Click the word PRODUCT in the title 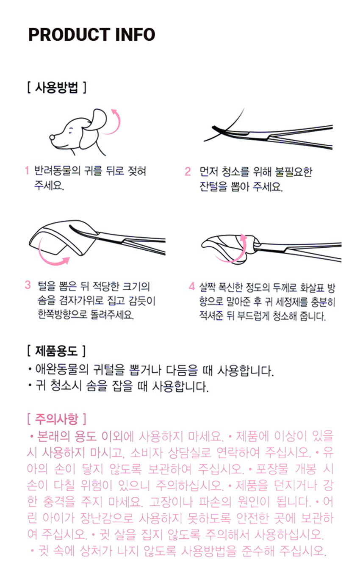pyautogui.click(x=69, y=35)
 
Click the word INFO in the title pyautogui.click(x=135, y=35)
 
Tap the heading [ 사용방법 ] pyautogui.click(x=57, y=87)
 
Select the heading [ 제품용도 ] pyautogui.click(x=56, y=351)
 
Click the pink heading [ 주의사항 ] pyautogui.click(x=57, y=419)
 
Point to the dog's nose pyautogui.click(x=53, y=137)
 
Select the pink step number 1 pyautogui.click(x=27, y=171)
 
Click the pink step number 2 pyautogui.click(x=188, y=172)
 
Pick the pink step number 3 pyautogui.click(x=28, y=285)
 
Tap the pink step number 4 pyautogui.click(x=192, y=286)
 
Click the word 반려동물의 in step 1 pyautogui.click(x=58, y=171)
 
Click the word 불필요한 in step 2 pyautogui.click(x=293, y=172)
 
